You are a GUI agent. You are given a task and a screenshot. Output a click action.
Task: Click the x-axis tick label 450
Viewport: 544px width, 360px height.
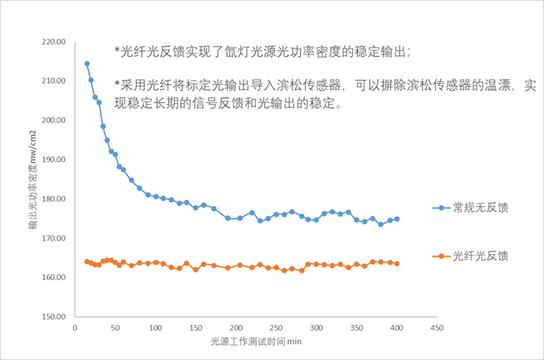point(438,328)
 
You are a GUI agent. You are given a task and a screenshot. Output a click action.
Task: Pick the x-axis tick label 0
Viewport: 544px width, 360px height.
point(75,328)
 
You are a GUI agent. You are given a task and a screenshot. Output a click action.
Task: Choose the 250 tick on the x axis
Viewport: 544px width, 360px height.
point(276,328)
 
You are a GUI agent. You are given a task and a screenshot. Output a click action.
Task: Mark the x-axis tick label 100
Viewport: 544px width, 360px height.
point(155,328)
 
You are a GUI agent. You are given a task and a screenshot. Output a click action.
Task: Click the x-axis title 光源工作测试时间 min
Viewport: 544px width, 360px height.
point(256,342)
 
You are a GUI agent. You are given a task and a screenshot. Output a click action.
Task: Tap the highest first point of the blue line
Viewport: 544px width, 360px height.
point(87,64)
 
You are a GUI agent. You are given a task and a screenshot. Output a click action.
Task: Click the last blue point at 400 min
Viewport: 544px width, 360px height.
point(397,219)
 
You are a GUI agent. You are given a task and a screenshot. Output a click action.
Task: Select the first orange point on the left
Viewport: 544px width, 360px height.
point(87,261)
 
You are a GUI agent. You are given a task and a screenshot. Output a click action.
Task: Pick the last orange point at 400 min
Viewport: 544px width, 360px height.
point(397,264)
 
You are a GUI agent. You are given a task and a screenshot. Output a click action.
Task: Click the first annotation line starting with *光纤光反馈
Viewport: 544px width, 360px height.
point(263,52)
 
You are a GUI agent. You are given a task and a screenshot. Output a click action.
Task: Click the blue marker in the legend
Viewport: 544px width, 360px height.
point(441,208)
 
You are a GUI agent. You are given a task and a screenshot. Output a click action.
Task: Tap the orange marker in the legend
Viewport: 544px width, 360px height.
point(441,256)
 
